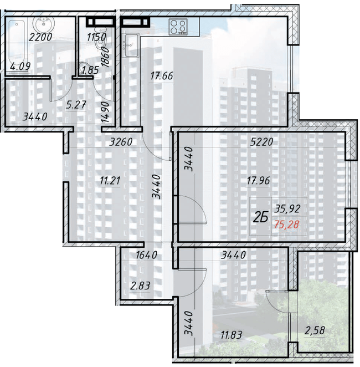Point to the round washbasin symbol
click(x=43, y=25)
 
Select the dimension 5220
click(x=261, y=141)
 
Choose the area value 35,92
click(x=286, y=210)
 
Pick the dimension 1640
click(x=147, y=256)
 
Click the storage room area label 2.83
click(x=140, y=286)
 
